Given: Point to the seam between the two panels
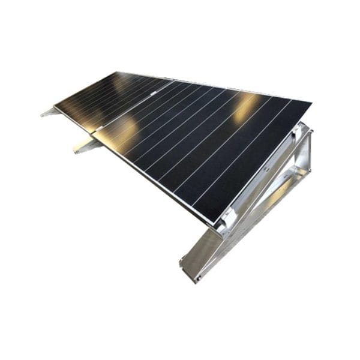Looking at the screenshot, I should [129, 108].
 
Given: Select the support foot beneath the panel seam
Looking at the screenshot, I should [84, 146].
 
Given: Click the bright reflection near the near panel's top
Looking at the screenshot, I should [245, 109].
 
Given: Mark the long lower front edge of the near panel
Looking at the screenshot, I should [153, 183].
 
